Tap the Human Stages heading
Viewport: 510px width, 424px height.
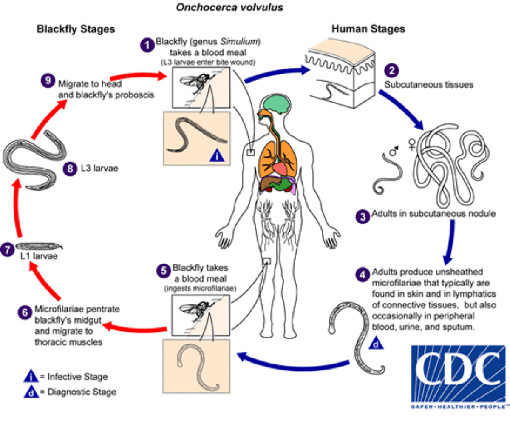tap(368, 29)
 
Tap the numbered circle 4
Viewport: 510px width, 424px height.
tap(362, 274)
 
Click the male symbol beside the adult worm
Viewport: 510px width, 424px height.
tap(394, 150)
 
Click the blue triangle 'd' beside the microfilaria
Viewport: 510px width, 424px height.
tap(376, 344)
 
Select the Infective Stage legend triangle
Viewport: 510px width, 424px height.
tap(31, 376)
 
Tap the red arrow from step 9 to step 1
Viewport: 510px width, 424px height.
tap(143, 77)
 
